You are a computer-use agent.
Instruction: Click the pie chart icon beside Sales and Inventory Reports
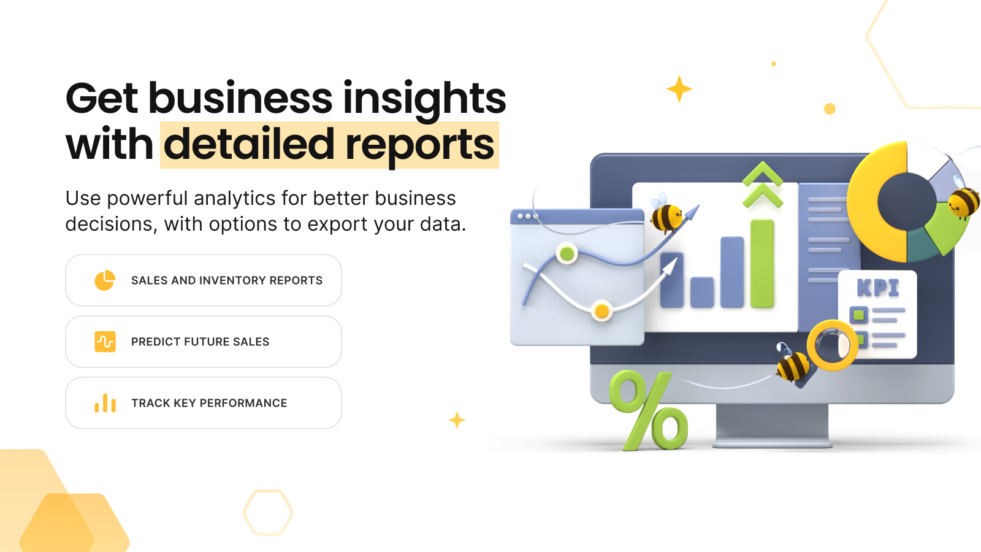click(x=105, y=280)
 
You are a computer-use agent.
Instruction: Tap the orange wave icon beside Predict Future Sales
click(x=105, y=342)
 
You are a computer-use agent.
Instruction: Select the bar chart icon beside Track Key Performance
click(x=105, y=403)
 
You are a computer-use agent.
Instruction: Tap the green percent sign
click(x=649, y=410)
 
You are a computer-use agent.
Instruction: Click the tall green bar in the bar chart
click(x=762, y=263)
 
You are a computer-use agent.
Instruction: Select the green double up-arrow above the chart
click(x=763, y=185)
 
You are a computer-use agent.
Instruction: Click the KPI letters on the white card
click(x=877, y=288)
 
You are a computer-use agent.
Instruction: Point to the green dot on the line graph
click(x=567, y=253)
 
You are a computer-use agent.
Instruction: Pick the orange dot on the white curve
click(x=601, y=310)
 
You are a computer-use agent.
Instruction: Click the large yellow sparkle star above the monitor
click(x=679, y=89)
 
